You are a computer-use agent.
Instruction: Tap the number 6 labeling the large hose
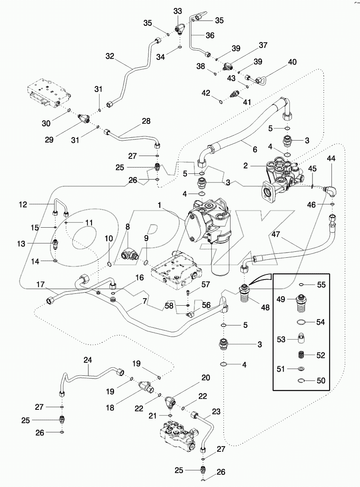pyautogui.click(x=255, y=150)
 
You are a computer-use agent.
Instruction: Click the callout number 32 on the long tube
pyautogui.click(x=109, y=57)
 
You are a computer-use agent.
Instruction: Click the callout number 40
pyautogui.click(x=292, y=62)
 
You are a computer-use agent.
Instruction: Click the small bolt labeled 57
pyautogui.click(x=188, y=293)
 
